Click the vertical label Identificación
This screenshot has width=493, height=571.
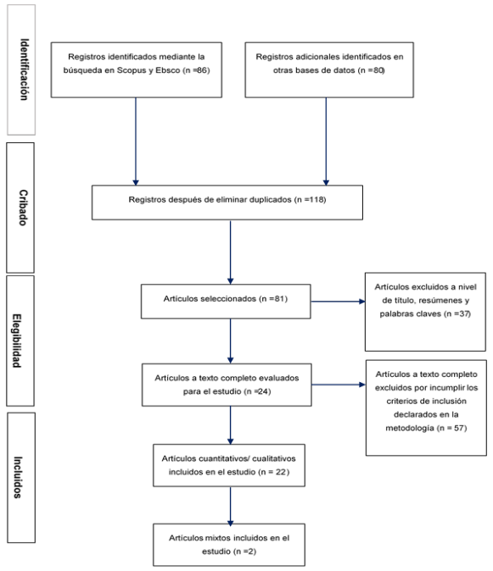click(x=24, y=69)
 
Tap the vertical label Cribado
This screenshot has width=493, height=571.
click(x=23, y=208)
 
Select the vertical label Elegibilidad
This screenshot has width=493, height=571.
click(x=17, y=341)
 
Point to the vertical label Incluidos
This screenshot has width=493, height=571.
click(x=18, y=477)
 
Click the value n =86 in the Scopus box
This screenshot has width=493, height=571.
click(x=197, y=70)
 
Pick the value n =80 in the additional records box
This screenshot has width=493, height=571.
click(x=372, y=70)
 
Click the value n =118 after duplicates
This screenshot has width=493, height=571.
click(x=311, y=200)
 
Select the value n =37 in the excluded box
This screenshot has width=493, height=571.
click(x=457, y=313)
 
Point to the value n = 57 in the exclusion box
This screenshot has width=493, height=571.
click(x=452, y=428)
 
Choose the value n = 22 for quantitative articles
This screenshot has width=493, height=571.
click(x=275, y=472)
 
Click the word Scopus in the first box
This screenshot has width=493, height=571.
click(x=132, y=70)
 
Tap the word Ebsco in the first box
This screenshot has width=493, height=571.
click(x=168, y=70)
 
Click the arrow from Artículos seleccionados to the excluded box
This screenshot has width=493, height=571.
click(x=338, y=302)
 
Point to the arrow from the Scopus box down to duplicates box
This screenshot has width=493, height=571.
click(x=136, y=141)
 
